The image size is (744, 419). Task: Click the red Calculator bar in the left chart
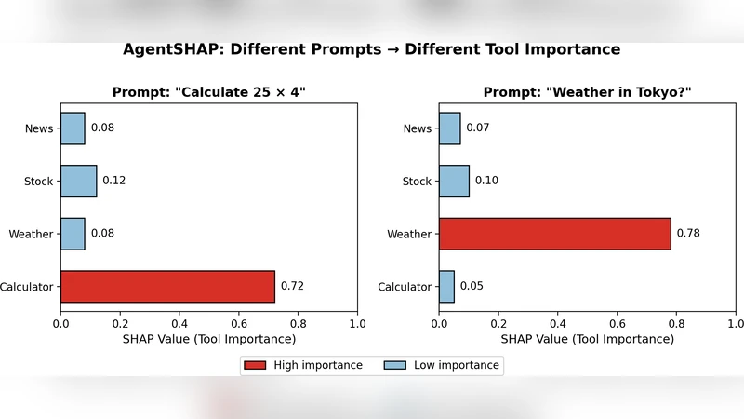[x=167, y=287]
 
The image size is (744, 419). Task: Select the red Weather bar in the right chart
[x=554, y=234]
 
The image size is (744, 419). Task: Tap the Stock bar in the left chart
[x=79, y=181]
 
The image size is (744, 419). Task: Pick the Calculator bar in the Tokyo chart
[x=446, y=287]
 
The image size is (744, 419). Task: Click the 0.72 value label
[x=292, y=287]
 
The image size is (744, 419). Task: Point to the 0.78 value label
[x=688, y=234]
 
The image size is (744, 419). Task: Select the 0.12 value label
[x=114, y=181]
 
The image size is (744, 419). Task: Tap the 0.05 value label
[x=472, y=287]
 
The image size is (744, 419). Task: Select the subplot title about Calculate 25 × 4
[x=209, y=92]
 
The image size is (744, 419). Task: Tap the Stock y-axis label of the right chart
[x=417, y=182]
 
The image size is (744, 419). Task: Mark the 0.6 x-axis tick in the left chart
[x=239, y=323]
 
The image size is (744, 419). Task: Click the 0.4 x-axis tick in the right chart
[x=558, y=323]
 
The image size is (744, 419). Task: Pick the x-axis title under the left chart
[x=209, y=339]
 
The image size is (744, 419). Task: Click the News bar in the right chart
[x=450, y=128]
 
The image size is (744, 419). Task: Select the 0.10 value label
[x=486, y=181]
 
